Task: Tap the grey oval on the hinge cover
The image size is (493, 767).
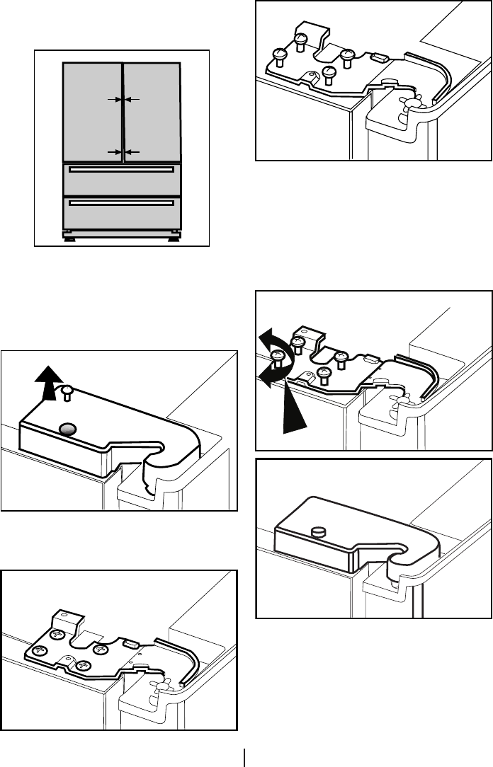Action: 68,427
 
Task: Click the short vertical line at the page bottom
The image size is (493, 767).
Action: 245,757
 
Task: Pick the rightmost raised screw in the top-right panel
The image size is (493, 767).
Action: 346,57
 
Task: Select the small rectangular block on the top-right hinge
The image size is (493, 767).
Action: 378,59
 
